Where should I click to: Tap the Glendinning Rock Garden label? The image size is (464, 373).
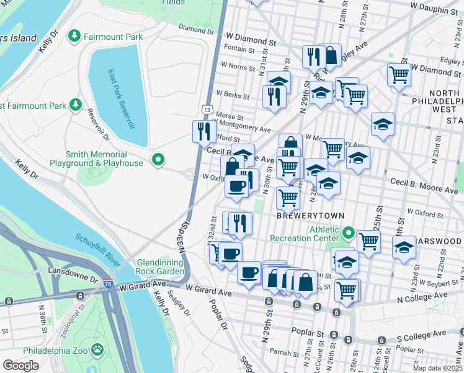tap(152, 267)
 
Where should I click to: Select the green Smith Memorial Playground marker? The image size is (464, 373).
tap(158, 160)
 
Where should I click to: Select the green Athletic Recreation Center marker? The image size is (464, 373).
tap(349, 234)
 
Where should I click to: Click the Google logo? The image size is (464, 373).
tap(20, 366)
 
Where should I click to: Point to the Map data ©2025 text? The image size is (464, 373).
tap(437, 368)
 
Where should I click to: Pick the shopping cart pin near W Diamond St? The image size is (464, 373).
tap(399, 75)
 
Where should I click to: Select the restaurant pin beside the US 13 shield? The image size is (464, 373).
tap(203, 131)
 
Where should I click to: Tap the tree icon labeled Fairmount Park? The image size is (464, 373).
tap(75, 36)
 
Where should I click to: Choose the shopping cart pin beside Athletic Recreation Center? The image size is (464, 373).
tap(368, 240)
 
